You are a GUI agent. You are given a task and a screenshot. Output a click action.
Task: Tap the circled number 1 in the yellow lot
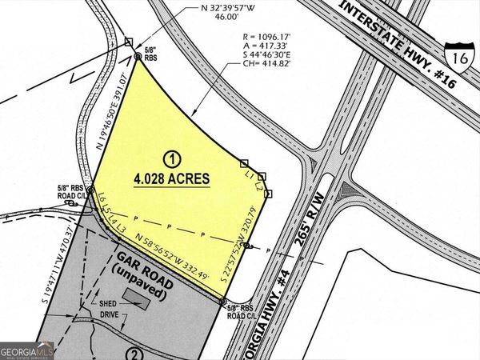(x=170, y=157)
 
